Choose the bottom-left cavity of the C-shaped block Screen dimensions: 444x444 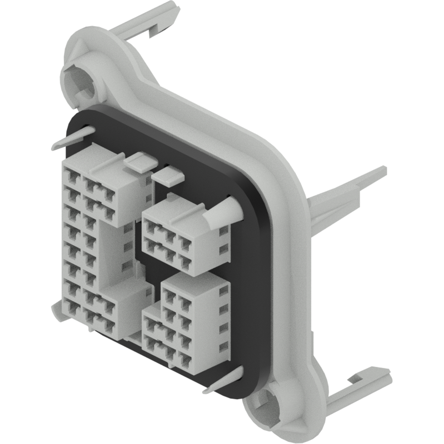(71, 306)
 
